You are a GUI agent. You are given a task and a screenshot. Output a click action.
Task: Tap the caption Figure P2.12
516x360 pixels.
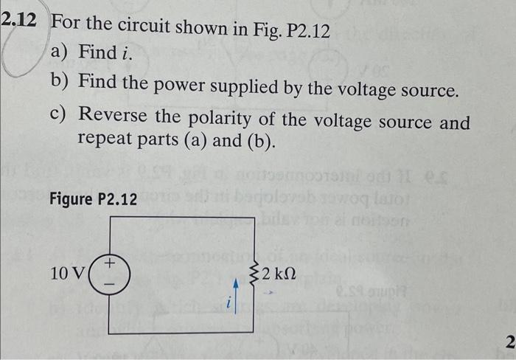[x=93, y=199]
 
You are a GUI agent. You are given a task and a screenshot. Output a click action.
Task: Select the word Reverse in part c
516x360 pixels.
[x=116, y=117]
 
